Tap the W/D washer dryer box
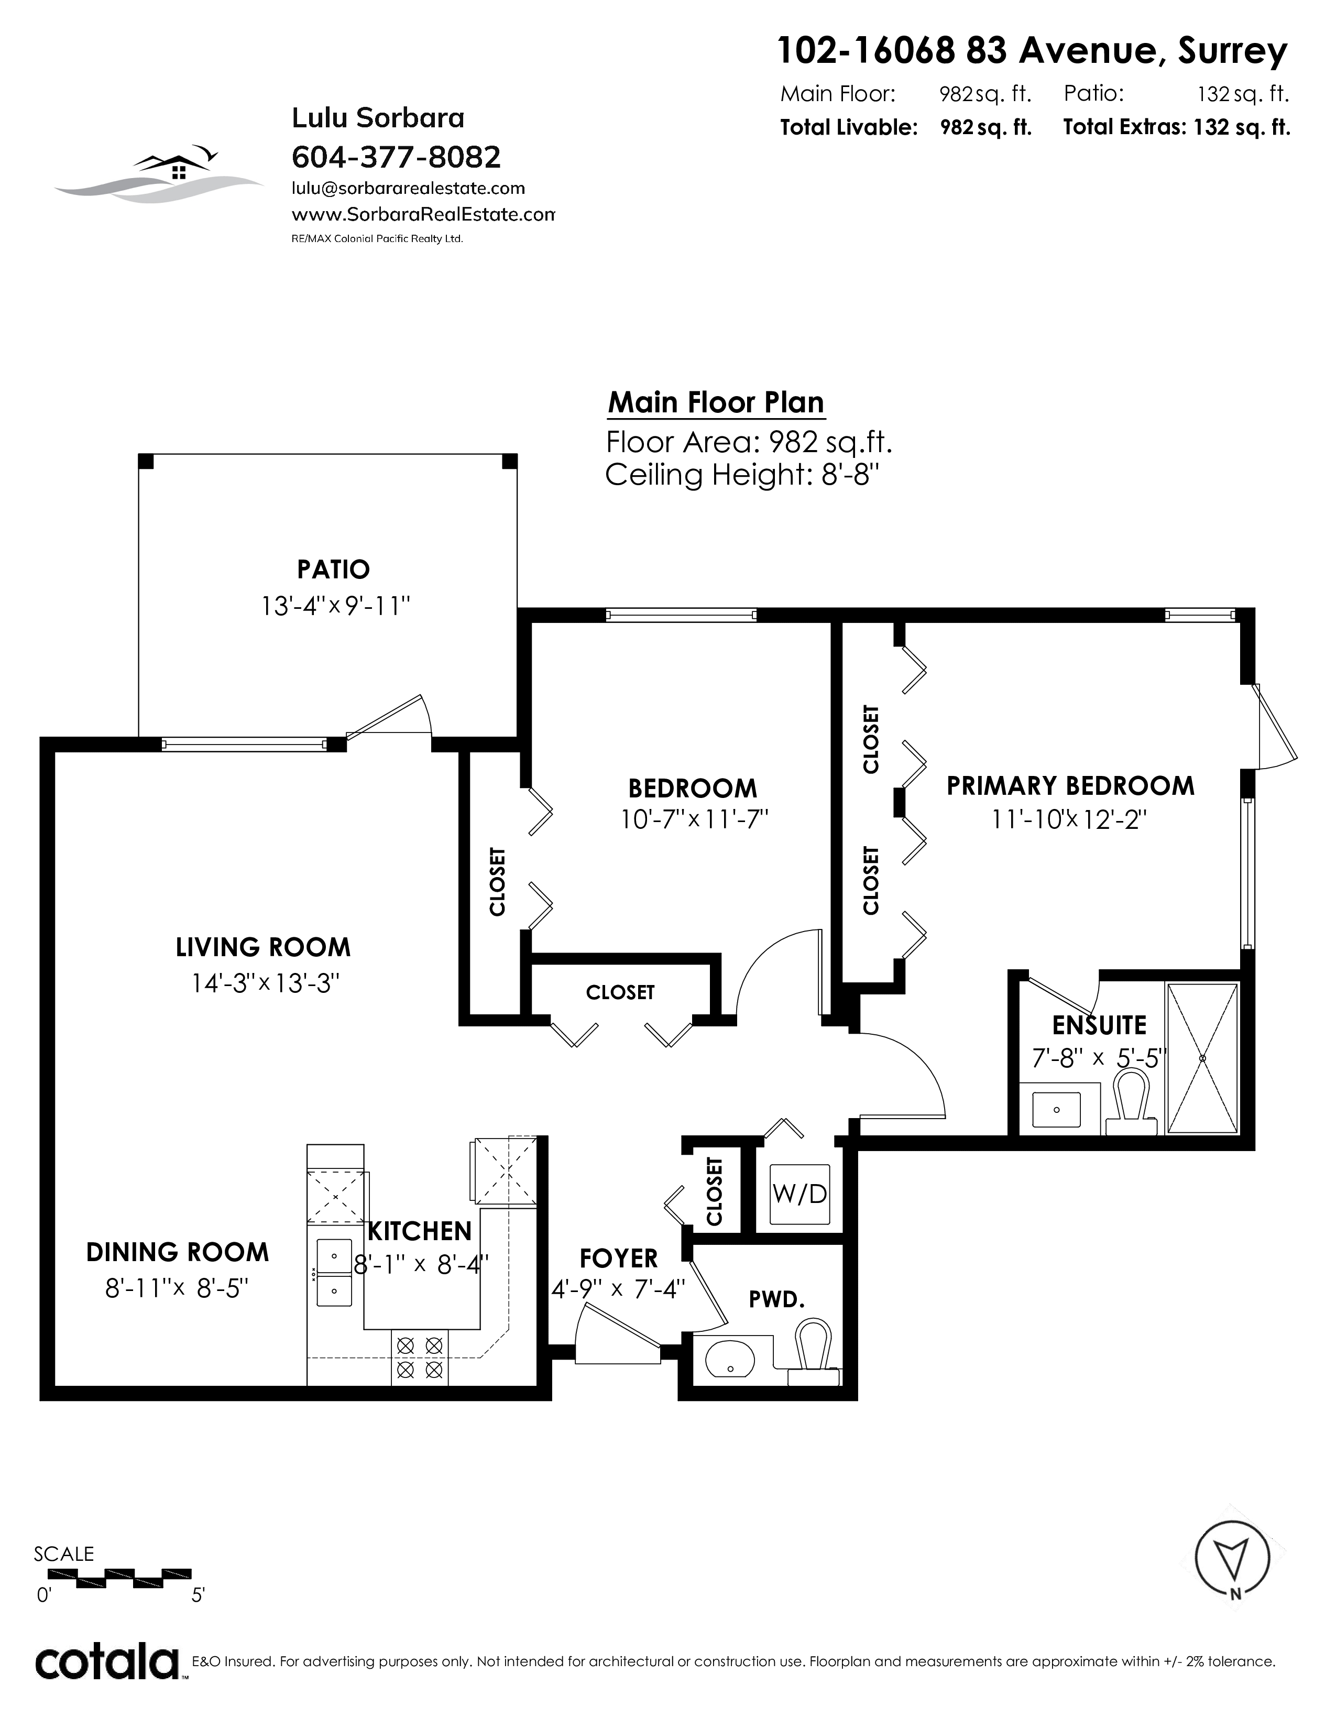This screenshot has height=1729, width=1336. [x=800, y=1195]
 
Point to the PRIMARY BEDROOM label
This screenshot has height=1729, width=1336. [x=1070, y=786]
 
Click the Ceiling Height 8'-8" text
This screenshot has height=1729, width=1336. [x=742, y=475]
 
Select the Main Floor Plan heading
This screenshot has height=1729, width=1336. [x=716, y=402]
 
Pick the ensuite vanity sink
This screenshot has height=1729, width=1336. [x=1057, y=1109]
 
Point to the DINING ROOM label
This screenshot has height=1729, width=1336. [x=177, y=1252]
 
